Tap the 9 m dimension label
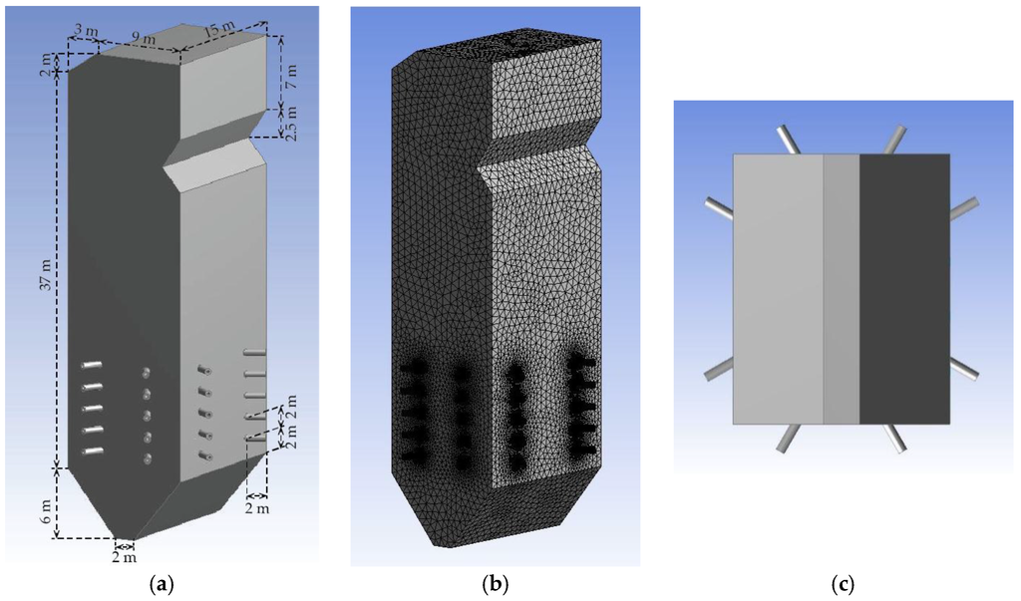[x=143, y=39]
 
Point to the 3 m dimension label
[x=85, y=32]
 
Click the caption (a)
[x=157, y=584]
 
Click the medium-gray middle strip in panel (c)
[x=841, y=289]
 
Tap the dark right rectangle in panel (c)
[x=903, y=289]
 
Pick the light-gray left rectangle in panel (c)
[x=778, y=289]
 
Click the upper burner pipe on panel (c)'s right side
[x=961, y=207]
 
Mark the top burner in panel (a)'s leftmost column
[x=92, y=365]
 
